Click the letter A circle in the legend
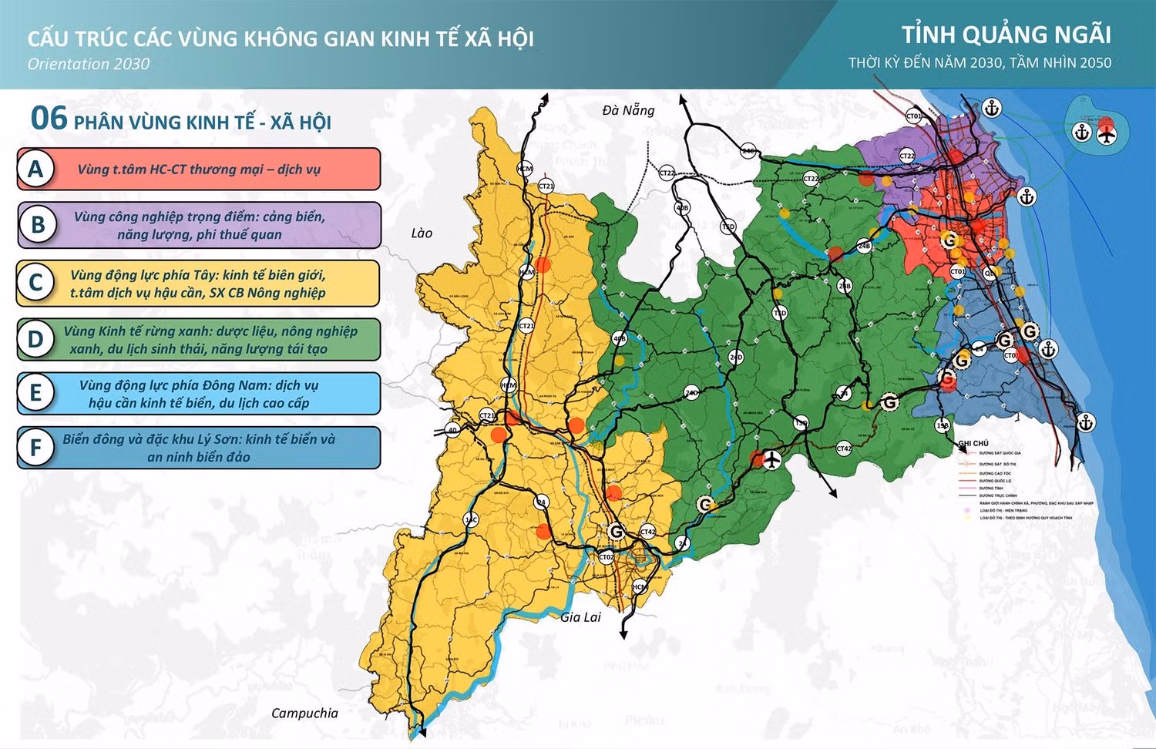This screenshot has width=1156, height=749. [35, 169]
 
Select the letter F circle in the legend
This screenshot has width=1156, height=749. [35, 448]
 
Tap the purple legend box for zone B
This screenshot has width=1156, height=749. [199, 225]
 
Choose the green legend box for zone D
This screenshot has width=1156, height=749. [199, 340]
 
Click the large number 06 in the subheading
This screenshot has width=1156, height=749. [49, 119]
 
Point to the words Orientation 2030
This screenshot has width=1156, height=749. [89, 64]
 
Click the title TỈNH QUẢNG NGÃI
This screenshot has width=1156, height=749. [1006, 35]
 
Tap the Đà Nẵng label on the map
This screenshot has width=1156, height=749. [628, 110]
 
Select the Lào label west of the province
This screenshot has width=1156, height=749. [422, 233]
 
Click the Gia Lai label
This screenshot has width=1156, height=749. [580, 616]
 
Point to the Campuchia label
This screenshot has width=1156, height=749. [304, 713]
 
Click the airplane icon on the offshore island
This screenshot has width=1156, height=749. [1107, 133]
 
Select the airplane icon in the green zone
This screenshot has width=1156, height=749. [770, 460]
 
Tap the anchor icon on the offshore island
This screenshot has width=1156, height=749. [1082, 133]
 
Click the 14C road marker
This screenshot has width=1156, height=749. [471, 520]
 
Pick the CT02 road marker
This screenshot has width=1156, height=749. [607, 557]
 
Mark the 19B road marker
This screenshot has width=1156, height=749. [942, 425]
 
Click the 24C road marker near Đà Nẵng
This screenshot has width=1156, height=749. [748, 151]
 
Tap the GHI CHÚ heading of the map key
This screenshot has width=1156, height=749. [973, 443]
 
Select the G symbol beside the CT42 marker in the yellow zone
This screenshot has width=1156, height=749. [616, 531]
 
